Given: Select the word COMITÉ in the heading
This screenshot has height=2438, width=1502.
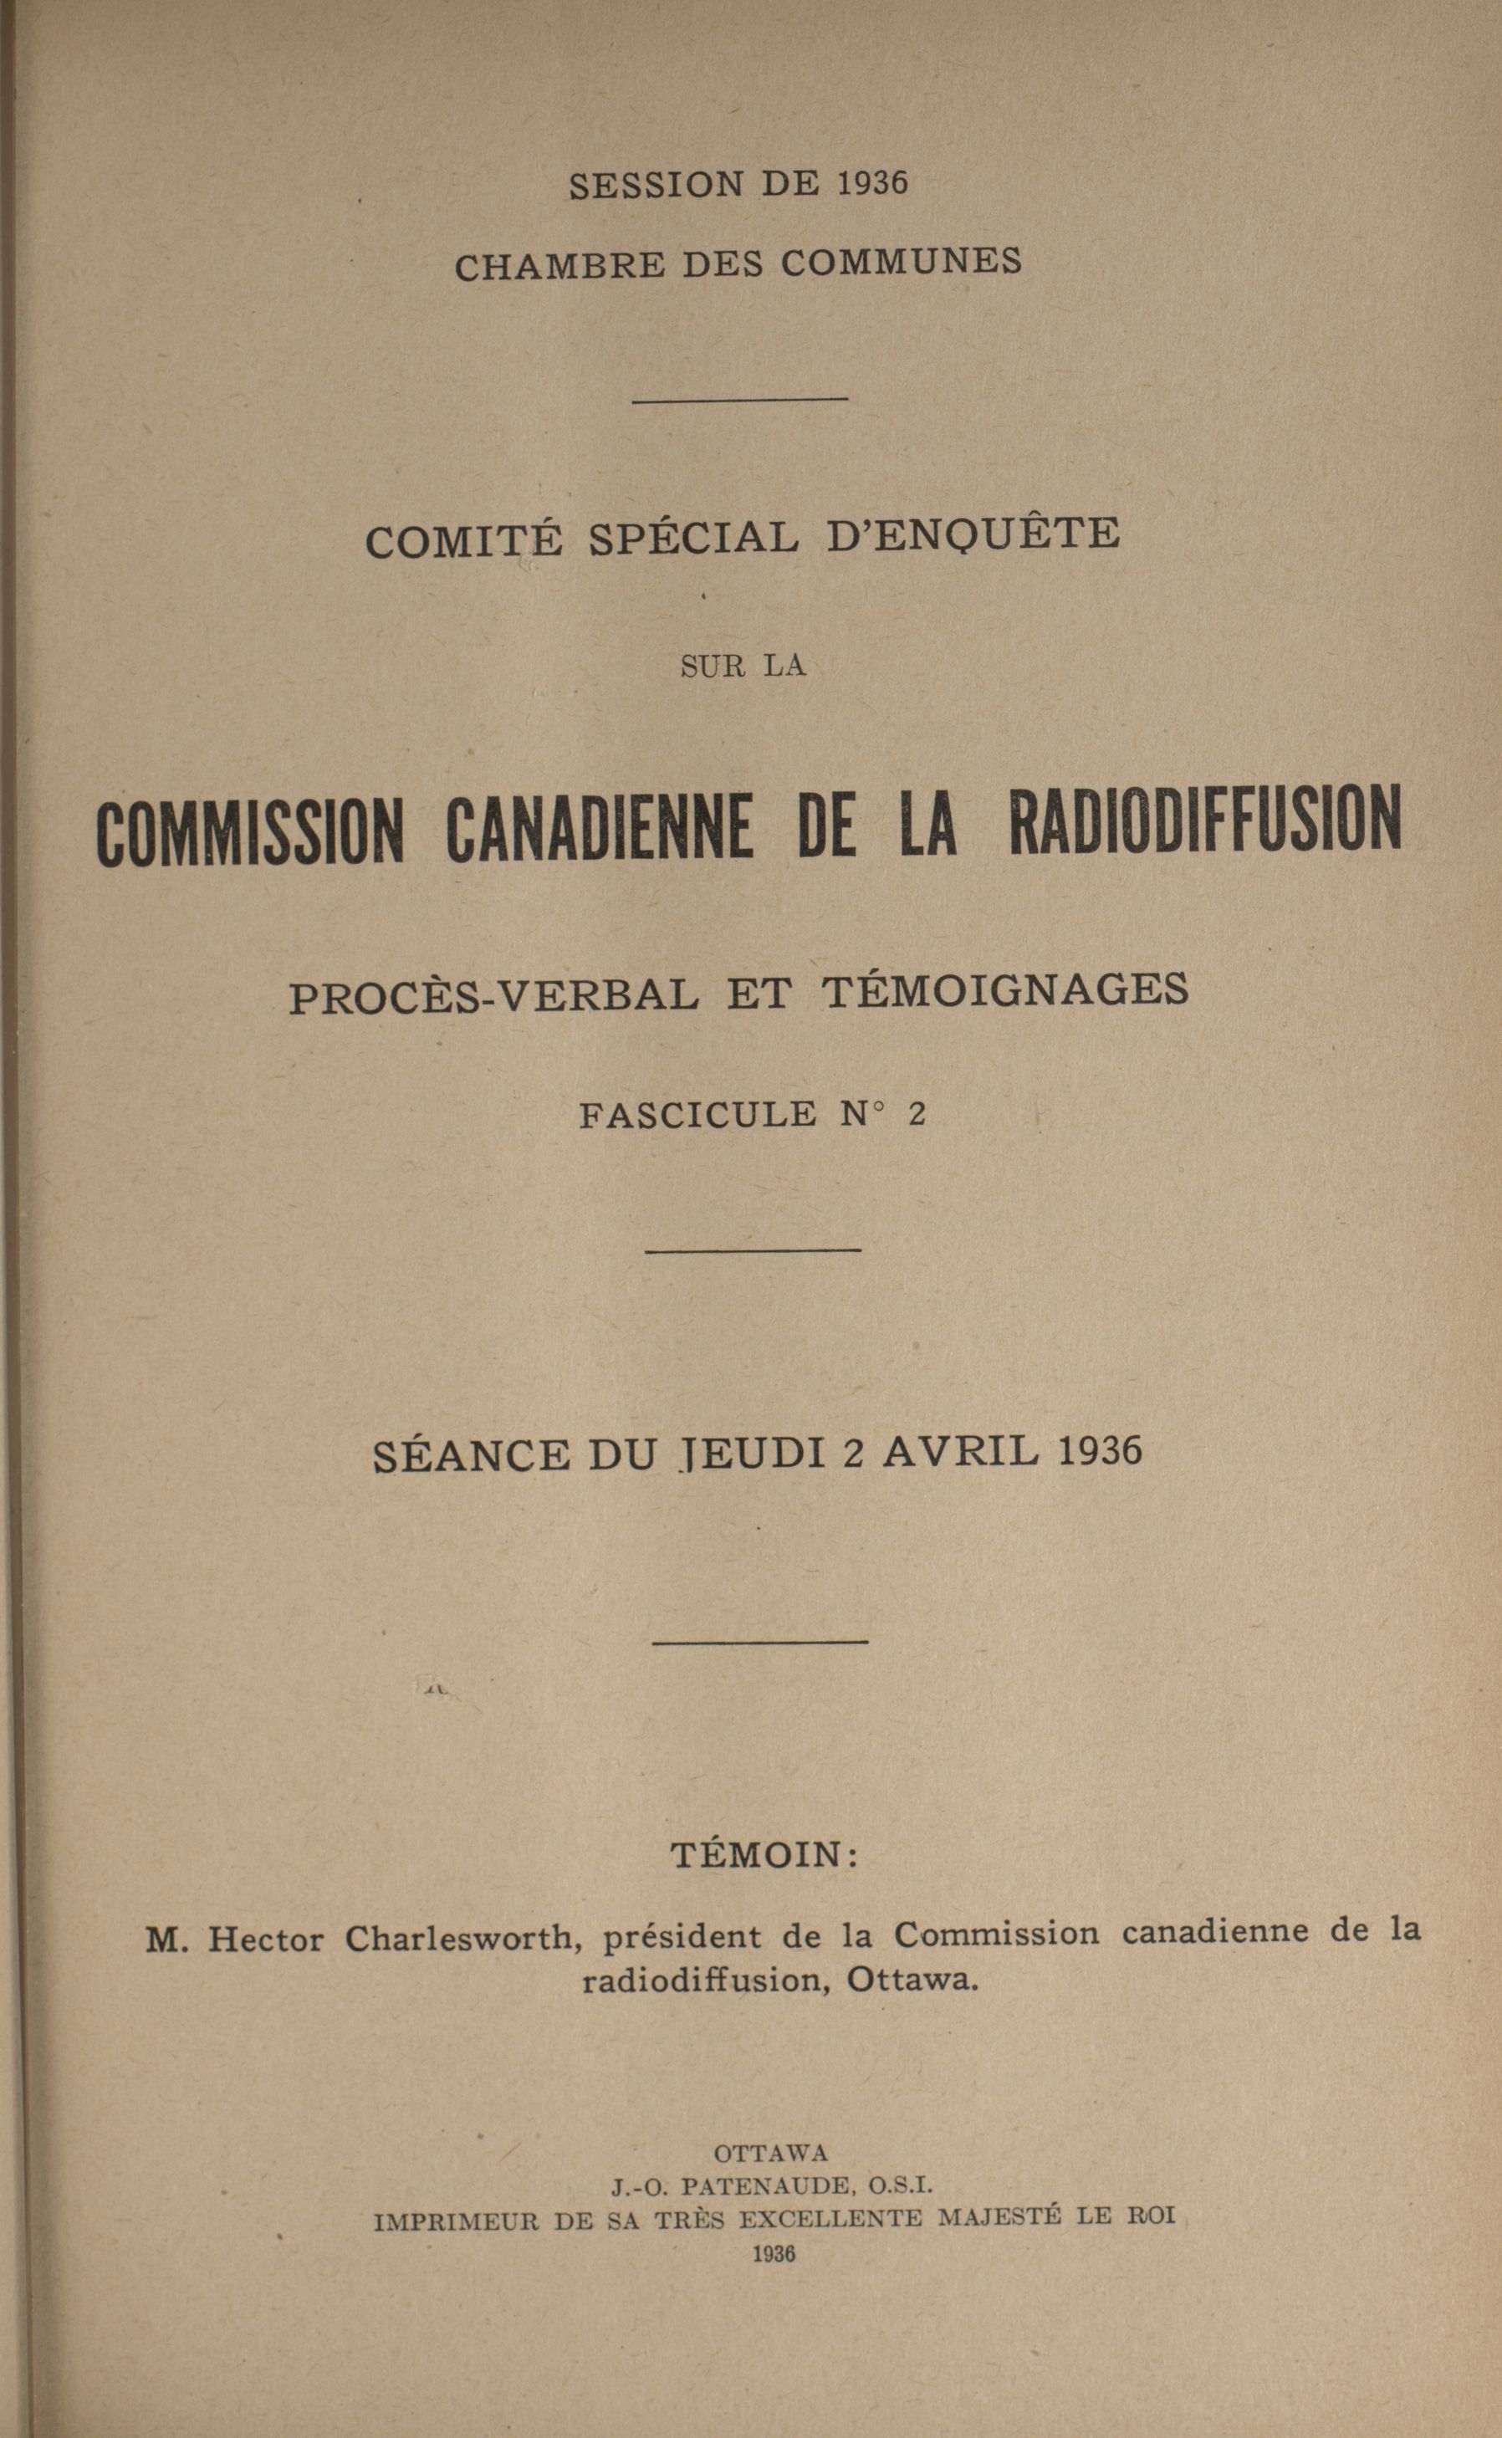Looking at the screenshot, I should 464,540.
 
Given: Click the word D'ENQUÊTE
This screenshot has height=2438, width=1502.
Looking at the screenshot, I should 973,534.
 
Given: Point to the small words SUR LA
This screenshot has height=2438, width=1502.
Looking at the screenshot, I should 742,667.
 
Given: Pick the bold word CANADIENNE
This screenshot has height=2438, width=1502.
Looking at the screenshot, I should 599,826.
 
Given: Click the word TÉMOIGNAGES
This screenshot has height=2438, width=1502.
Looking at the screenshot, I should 1006,990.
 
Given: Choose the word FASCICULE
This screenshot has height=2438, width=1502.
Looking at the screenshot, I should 697,1115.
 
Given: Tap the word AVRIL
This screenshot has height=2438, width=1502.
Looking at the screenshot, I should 961,1451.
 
